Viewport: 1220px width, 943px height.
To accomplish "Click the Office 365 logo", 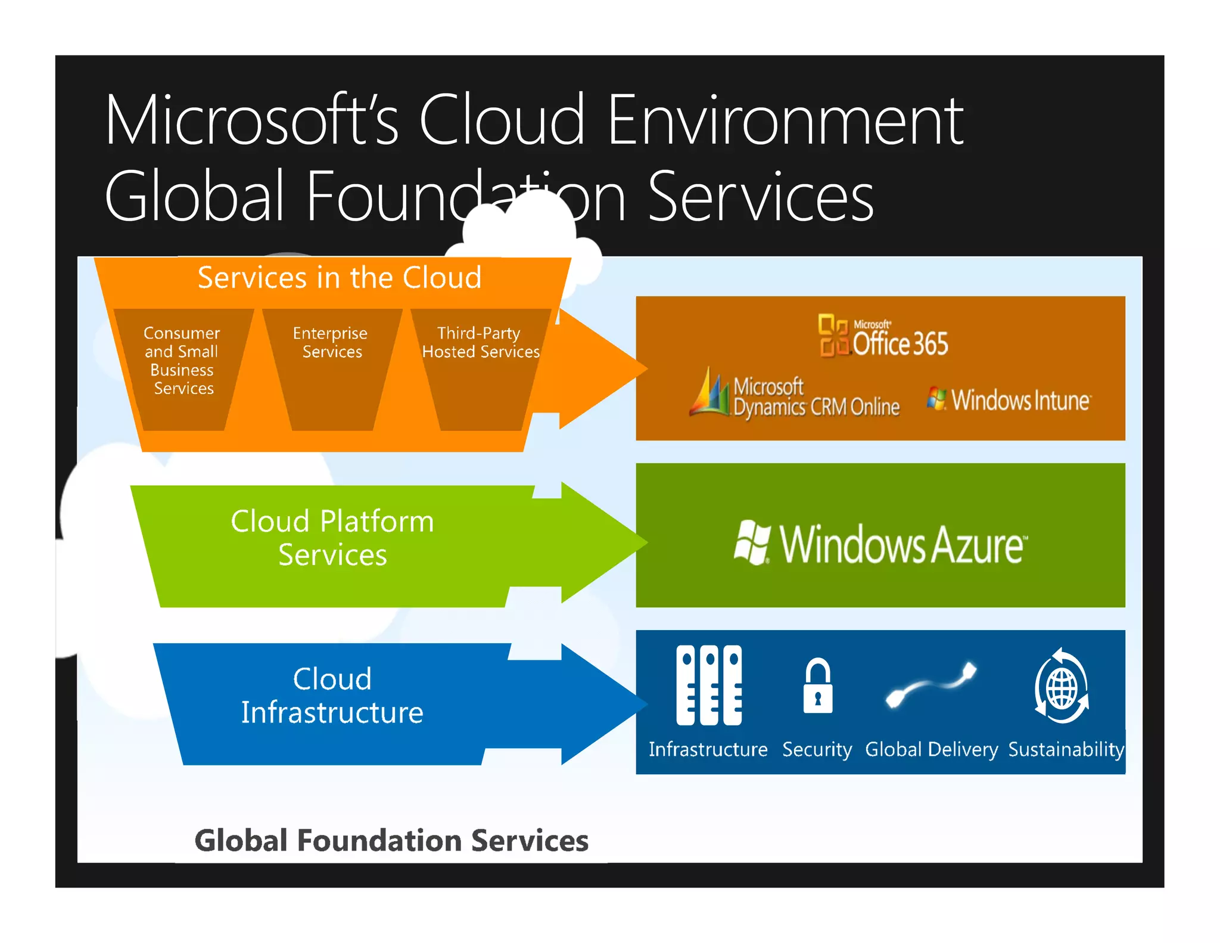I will pyautogui.click(x=883, y=337).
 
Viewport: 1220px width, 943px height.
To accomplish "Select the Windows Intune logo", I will pyautogui.click(x=1009, y=399).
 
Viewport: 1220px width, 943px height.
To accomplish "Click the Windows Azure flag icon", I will pyautogui.click(x=752, y=542).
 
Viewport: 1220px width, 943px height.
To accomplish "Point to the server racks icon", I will pyautogui.click(x=709, y=685).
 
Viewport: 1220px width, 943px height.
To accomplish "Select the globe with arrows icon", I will pyautogui.click(x=1062, y=687).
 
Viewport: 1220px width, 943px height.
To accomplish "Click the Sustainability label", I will pyautogui.click(x=1066, y=749).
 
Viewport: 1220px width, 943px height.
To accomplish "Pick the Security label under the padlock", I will pyautogui.click(x=817, y=749).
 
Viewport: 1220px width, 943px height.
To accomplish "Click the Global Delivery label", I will pyautogui.click(x=931, y=749).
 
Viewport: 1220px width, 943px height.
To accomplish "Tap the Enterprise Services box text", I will pyautogui.click(x=331, y=342).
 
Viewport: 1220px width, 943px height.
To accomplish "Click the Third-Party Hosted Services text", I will pyautogui.click(x=480, y=342).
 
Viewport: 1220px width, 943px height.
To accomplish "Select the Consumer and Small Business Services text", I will pyautogui.click(x=182, y=360).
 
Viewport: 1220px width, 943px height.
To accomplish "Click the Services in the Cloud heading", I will pyautogui.click(x=339, y=278).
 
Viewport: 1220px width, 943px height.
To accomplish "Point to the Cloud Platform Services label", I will pyautogui.click(x=332, y=538).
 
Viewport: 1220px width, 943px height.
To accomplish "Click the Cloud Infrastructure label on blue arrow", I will pyautogui.click(x=332, y=696).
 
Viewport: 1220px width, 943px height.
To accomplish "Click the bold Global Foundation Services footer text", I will pyautogui.click(x=391, y=840).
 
